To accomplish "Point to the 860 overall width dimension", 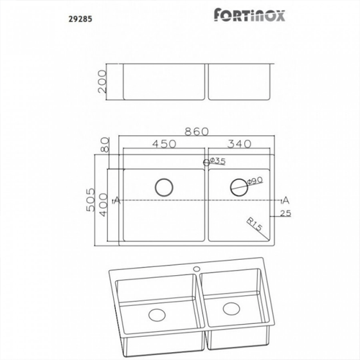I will (197, 132).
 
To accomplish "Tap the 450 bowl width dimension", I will (164, 145).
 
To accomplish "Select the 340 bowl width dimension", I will (240, 145).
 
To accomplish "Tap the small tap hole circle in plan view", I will (206, 163).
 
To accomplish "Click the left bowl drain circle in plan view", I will (163, 187).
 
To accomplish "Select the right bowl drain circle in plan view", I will (239, 186).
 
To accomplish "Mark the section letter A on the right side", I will (285, 200).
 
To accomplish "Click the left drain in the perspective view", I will (156, 316).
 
